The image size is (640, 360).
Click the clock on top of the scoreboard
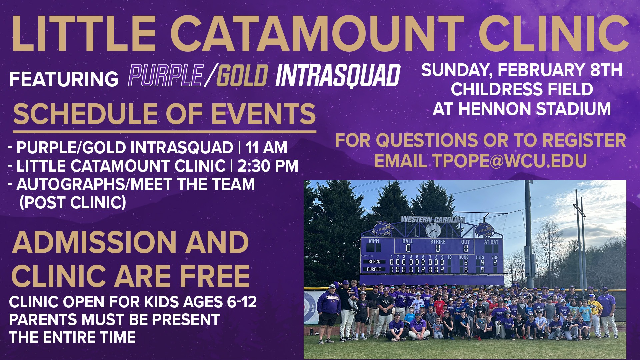click(x=433, y=230)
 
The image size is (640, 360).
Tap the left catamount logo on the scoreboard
click(x=383, y=228)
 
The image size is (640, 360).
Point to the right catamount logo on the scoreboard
click(x=484, y=229)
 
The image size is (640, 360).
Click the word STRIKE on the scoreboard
click(x=438, y=242)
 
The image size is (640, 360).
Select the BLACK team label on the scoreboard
click(x=374, y=262)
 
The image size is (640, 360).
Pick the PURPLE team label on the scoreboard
click(x=374, y=269)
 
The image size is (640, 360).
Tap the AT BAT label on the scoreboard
click(x=491, y=242)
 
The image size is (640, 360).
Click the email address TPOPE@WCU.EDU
click(x=510, y=161)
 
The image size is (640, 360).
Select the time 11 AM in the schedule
click(x=266, y=148)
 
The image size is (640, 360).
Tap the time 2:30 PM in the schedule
click(x=267, y=166)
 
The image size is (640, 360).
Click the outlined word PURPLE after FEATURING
click(x=166, y=75)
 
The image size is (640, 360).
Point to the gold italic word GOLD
click(x=242, y=75)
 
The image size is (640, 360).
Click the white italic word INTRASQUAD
click(x=338, y=76)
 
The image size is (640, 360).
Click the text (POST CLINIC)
click(x=73, y=202)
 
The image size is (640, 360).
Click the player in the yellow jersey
click(x=593, y=312)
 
